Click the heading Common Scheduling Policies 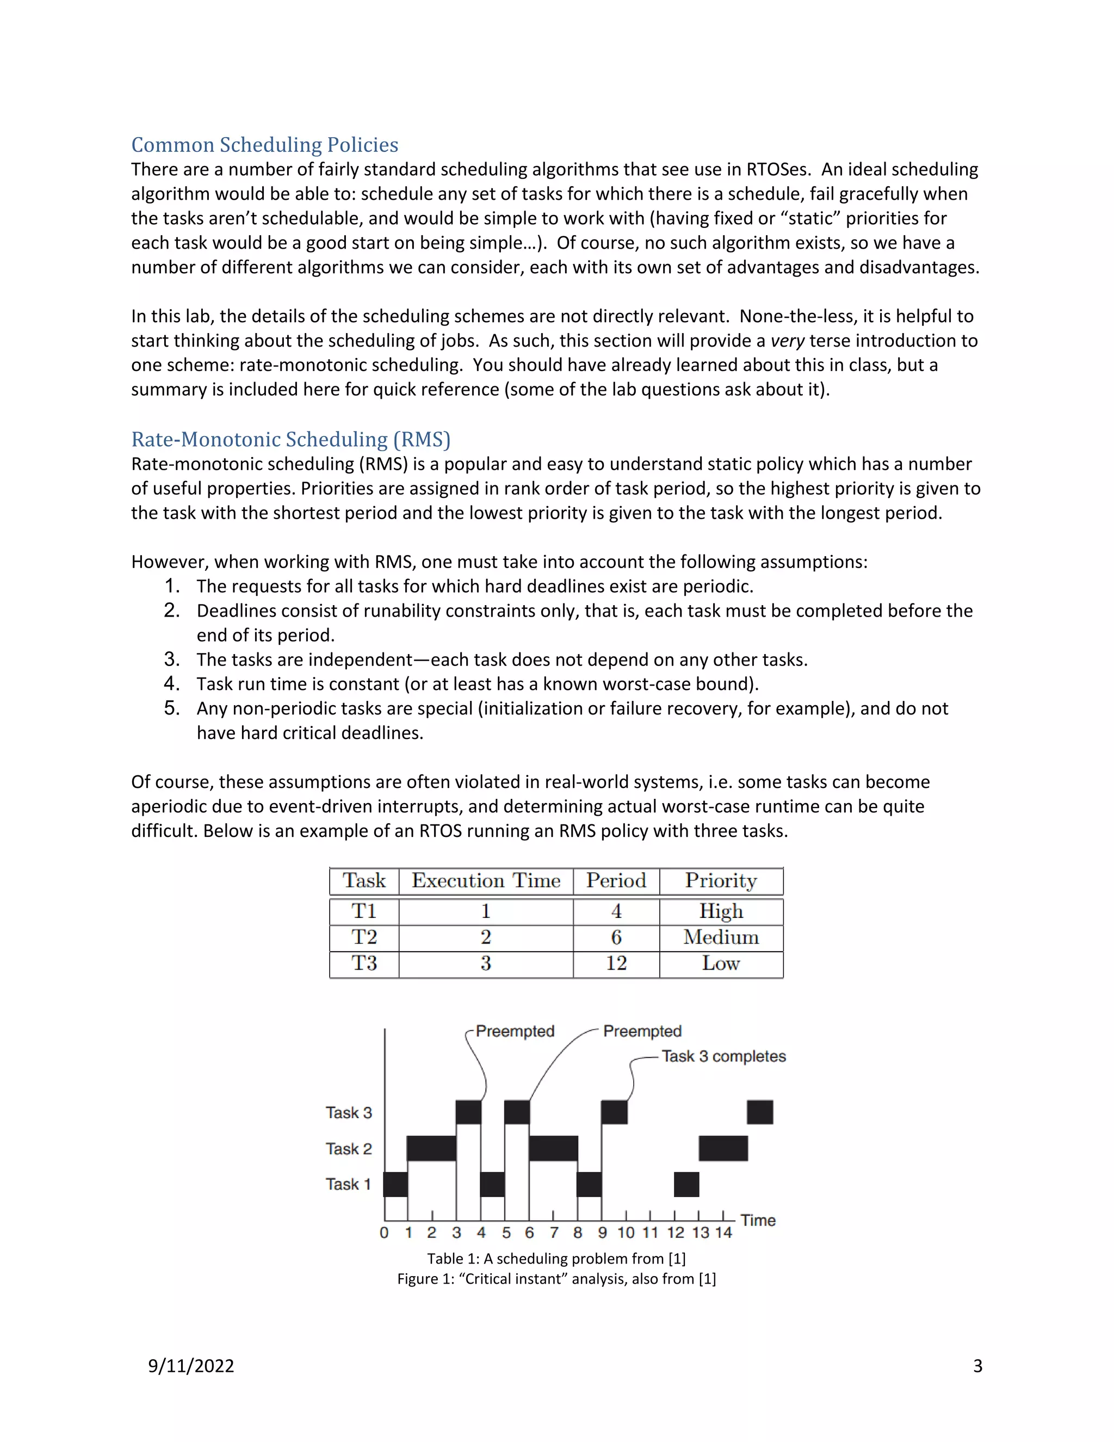coord(265,145)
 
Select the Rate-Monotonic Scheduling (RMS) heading coord(290,439)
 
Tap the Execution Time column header coord(486,881)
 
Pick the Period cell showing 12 coord(616,963)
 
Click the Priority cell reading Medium coord(721,937)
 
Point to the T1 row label coord(364,911)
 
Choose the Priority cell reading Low coord(721,963)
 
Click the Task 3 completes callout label coord(723,1056)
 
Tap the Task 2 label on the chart coord(349,1149)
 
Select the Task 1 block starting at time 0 coord(395,1185)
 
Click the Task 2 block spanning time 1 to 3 coord(431,1148)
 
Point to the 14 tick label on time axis coord(723,1233)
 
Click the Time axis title coord(758,1220)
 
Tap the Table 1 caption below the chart coord(556,1259)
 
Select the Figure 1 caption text coord(556,1279)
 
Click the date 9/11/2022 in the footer coord(191,1366)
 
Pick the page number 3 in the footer coord(977,1366)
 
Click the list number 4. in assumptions coord(171,683)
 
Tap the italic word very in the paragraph coord(787,341)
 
